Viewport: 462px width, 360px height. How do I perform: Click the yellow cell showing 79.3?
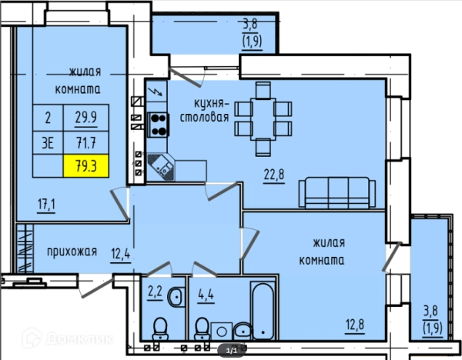pos(86,166)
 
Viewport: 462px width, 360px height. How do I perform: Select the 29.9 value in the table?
pos(86,118)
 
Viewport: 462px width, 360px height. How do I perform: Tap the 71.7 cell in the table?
pos(86,143)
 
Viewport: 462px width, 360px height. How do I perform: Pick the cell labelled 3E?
pos(48,143)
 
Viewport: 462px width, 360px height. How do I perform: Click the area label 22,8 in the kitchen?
pos(273,175)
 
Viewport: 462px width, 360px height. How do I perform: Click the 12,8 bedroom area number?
pos(355,325)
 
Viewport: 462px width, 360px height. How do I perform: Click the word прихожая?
pos(72,252)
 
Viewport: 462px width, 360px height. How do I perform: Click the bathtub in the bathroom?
pos(263,311)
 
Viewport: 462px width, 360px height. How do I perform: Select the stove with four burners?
pos(158,125)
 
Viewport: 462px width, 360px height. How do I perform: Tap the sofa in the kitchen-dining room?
pos(337,193)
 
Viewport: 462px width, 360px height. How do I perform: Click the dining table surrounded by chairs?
pos(263,119)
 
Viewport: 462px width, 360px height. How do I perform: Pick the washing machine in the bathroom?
pos(222,331)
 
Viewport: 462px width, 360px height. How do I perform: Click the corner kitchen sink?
pos(161,167)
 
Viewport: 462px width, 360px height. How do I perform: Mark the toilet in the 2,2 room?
pos(160,328)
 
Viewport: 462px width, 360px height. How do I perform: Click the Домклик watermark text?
pos(79,339)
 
